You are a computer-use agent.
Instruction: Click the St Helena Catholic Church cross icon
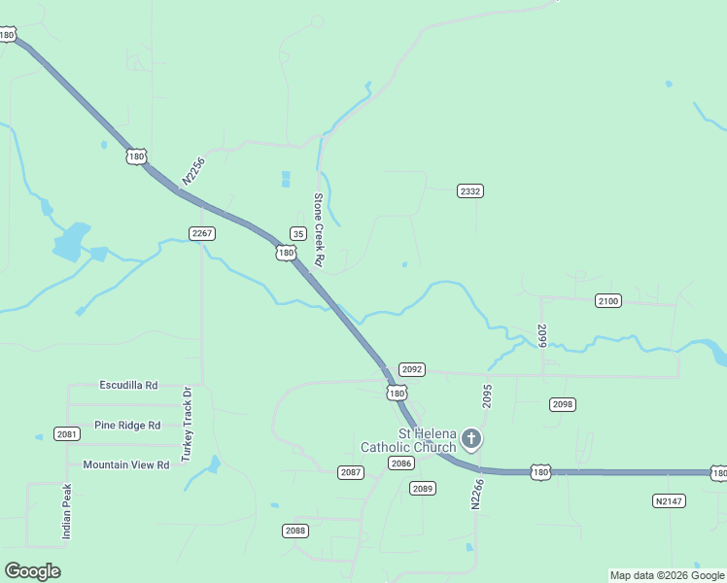pyautogui.click(x=471, y=440)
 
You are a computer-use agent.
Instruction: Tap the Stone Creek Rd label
pyautogui.click(x=318, y=230)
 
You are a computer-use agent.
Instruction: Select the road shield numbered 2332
pyautogui.click(x=470, y=191)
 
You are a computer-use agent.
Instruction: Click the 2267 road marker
pyautogui.click(x=202, y=233)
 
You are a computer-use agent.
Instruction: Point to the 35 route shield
pyautogui.click(x=298, y=233)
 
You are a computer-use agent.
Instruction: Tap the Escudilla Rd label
pyautogui.click(x=128, y=386)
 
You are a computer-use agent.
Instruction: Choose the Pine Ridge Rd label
pyautogui.click(x=126, y=426)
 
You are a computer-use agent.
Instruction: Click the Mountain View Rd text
pyautogui.click(x=126, y=464)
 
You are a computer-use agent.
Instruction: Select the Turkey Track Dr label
pyautogui.click(x=188, y=424)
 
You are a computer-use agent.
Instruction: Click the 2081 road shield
pyautogui.click(x=67, y=434)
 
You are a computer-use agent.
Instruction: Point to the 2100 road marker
pyautogui.click(x=608, y=301)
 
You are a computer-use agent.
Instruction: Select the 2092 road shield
pyautogui.click(x=412, y=369)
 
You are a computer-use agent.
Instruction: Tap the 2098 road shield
pyautogui.click(x=563, y=404)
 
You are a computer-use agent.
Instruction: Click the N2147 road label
pyautogui.click(x=669, y=500)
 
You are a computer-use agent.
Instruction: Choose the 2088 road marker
pyautogui.click(x=296, y=531)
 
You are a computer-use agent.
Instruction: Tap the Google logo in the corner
pyautogui.click(x=33, y=571)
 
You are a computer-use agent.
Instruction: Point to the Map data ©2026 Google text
pyautogui.click(x=667, y=575)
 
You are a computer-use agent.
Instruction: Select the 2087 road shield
pyautogui.click(x=351, y=472)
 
